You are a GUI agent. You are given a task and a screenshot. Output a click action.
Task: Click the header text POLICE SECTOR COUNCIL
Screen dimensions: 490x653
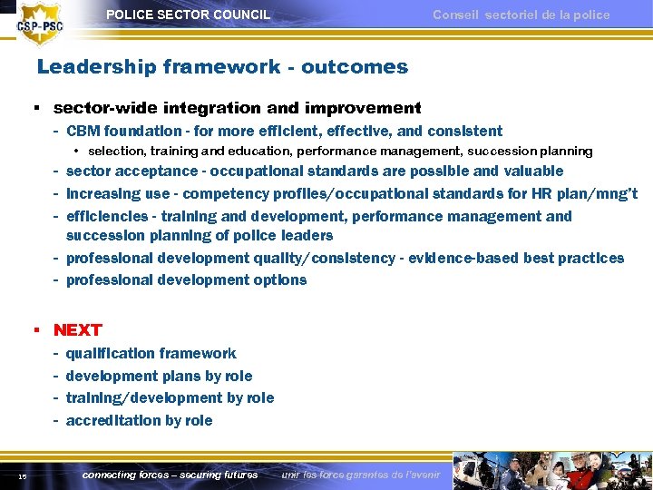188,15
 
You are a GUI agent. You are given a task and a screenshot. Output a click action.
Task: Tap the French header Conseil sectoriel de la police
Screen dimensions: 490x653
521,15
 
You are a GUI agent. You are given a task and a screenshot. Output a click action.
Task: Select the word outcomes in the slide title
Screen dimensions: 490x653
355,67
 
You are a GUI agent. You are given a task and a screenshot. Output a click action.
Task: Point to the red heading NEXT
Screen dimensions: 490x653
78,329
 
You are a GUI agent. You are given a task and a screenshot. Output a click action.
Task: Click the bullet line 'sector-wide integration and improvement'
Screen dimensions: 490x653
237,108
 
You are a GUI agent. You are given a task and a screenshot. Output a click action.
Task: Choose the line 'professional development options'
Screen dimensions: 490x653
186,279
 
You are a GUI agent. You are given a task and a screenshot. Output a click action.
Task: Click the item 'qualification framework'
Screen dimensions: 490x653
151,353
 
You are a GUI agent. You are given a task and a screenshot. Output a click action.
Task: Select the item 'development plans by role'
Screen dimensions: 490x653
159,376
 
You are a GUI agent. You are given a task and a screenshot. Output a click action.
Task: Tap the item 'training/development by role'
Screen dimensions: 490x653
170,397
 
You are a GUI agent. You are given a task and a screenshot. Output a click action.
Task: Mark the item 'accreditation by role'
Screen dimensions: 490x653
139,420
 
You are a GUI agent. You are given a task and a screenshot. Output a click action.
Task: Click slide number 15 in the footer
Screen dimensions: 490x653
22,476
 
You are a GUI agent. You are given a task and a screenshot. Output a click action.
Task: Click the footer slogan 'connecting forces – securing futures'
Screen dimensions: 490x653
170,475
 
